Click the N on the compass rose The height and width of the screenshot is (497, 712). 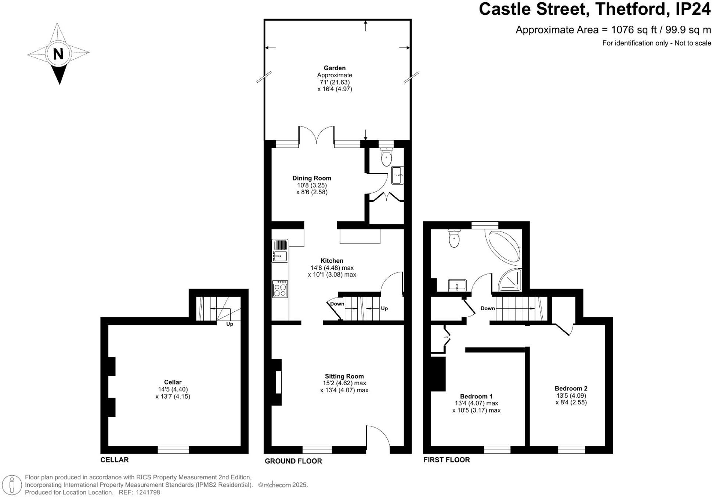pyautogui.click(x=58, y=54)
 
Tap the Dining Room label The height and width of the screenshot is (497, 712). pyautogui.click(x=311, y=178)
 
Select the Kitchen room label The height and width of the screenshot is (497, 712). pyautogui.click(x=332, y=261)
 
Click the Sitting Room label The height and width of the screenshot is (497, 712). pyautogui.click(x=344, y=376)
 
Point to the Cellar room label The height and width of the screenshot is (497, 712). pyautogui.click(x=173, y=382)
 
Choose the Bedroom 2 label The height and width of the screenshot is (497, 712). pyautogui.click(x=571, y=388)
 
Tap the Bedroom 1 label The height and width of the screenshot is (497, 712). pyautogui.click(x=476, y=396)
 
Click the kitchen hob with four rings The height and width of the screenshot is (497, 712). pyautogui.click(x=280, y=289)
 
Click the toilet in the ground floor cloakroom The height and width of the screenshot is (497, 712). pyautogui.click(x=386, y=158)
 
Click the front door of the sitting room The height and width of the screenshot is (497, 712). pyautogui.click(x=377, y=439)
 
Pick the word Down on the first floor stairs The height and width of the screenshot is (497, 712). pyautogui.click(x=487, y=308)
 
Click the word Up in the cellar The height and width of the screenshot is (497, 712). pyautogui.click(x=229, y=324)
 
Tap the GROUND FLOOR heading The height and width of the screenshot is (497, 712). pyautogui.click(x=293, y=461)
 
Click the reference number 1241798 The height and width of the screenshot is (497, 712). pyautogui.click(x=148, y=492)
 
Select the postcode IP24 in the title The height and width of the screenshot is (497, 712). pyautogui.click(x=693, y=9)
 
